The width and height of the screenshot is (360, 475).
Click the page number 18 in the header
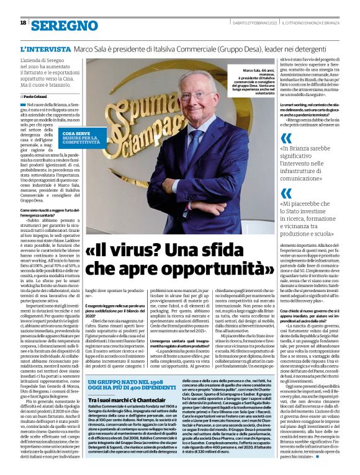23,22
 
